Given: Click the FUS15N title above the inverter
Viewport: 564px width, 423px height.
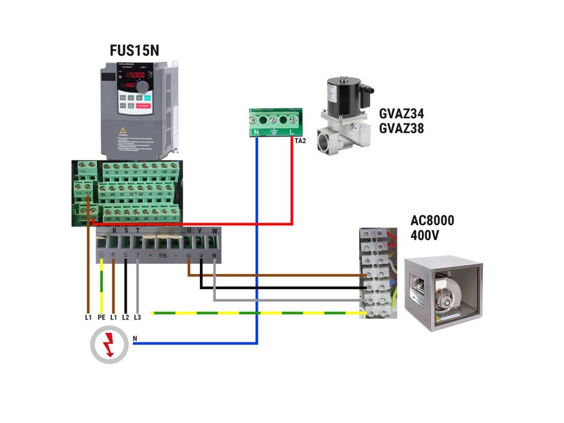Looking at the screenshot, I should click(x=134, y=52).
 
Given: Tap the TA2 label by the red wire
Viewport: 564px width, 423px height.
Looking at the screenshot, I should click(x=300, y=141).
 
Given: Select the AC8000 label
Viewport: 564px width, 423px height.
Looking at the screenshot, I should click(x=432, y=221).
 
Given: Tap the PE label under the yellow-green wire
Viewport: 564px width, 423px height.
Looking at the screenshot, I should click(x=101, y=318).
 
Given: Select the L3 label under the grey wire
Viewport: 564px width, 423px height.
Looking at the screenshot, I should click(x=137, y=318).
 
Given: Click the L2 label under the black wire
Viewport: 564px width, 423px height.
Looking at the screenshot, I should click(x=126, y=318).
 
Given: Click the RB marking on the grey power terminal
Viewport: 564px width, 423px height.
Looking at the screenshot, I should click(x=163, y=256).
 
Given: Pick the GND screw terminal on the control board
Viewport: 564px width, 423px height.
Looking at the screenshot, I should click(x=173, y=172).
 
